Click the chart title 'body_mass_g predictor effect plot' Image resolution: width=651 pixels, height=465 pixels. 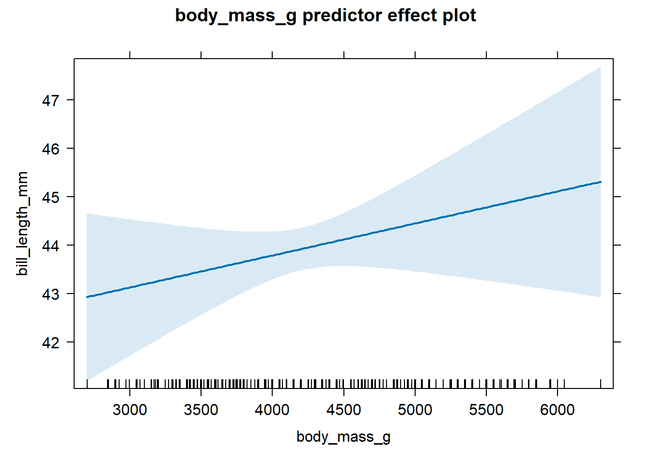click(x=325, y=15)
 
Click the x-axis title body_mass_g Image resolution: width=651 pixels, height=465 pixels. click(x=343, y=437)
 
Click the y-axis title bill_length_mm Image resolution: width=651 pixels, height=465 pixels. click(x=22, y=223)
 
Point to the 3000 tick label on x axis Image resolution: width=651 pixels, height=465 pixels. click(x=129, y=410)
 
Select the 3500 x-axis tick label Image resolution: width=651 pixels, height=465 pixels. click(x=201, y=410)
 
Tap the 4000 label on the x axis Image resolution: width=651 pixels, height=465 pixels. click(x=272, y=410)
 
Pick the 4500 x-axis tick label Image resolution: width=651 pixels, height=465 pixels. click(x=343, y=410)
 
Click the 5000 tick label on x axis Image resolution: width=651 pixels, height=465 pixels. click(x=415, y=410)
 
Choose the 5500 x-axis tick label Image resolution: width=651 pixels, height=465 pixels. click(x=486, y=410)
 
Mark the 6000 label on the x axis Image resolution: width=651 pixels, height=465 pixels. click(x=558, y=410)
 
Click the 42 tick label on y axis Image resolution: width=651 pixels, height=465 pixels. click(x=51, y=342)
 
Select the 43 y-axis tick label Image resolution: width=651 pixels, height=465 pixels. click(x=51, y=294)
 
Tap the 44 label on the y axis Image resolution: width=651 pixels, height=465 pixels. click(x=51, y=246)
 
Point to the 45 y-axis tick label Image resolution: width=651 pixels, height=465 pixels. click(x=51, y=197)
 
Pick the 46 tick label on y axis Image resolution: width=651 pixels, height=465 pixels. click(x=51, y=149)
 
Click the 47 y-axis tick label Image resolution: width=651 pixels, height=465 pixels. click(x=51, y=100)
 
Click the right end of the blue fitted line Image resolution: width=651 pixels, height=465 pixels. click(x=600, y=182)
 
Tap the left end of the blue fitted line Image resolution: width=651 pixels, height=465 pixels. click(x=87, y=296)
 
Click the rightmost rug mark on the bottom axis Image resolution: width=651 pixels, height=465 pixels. click(x=601, y=384)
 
